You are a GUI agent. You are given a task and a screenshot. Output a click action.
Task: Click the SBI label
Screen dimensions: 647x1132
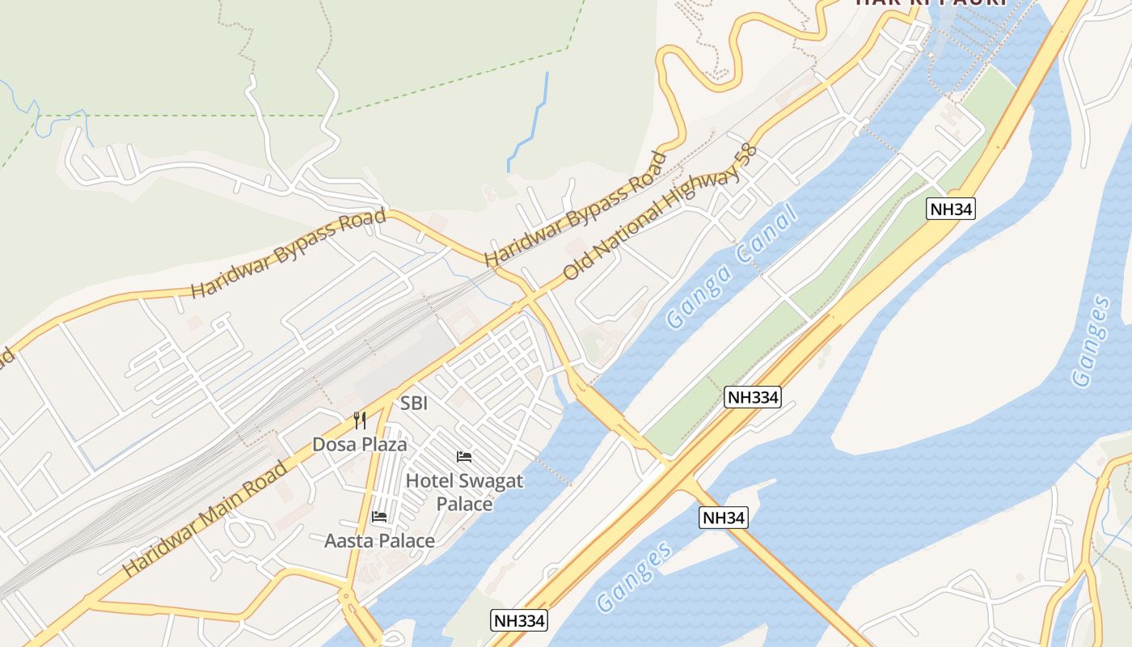[x=414, y=403]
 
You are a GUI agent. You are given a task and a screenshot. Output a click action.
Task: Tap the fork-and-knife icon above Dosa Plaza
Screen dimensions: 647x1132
[x=360, y=421]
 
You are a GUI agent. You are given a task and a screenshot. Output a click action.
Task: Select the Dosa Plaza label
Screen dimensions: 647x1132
[x=360, y=445]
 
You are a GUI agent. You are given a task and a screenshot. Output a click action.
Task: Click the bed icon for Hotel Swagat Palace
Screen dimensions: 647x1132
[x=464, y=457]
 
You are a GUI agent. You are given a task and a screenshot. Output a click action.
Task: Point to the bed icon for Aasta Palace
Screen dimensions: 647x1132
[x=379, y=517]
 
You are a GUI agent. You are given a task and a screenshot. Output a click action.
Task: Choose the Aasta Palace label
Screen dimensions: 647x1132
[x=379, y=540]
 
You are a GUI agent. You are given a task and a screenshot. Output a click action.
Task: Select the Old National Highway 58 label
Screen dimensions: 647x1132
[x=659, y=213]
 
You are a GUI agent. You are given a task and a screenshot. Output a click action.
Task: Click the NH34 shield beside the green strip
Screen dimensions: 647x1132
[x=951, y=209]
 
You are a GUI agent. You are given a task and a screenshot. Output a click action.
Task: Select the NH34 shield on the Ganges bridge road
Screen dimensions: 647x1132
[x=724, y=518]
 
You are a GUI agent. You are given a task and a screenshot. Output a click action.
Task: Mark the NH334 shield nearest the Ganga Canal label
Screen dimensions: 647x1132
[x=753, y=396]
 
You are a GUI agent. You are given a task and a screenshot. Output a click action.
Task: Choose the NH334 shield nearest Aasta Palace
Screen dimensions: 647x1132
[x=519, y=621]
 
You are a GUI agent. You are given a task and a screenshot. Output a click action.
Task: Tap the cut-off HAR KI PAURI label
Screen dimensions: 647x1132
[x=930, y=3]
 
